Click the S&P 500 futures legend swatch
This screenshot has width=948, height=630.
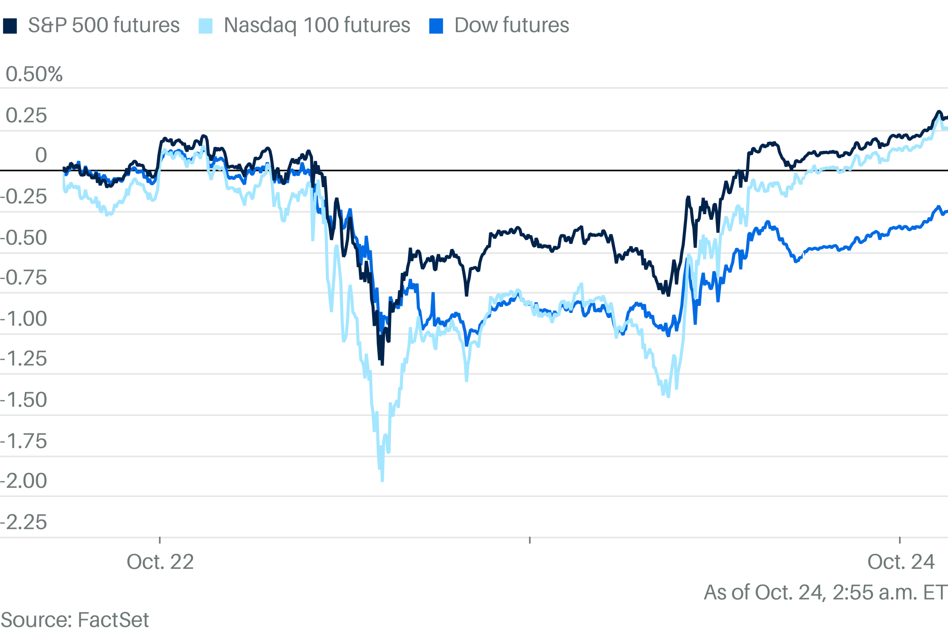(10, 26)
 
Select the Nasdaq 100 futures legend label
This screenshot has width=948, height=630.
(317, 25)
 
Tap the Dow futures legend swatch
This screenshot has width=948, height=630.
(436, 26)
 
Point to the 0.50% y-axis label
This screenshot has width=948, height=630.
(34, 74)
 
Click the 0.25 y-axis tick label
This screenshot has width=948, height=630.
(26, 116)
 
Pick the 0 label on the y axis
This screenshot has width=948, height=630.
(41, 156)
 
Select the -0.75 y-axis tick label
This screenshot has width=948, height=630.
(24, 278)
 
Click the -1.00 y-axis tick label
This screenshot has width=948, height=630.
(24, 319)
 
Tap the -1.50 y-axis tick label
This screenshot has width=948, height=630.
(24, 400)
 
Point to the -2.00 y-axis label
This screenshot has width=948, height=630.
(24, 481)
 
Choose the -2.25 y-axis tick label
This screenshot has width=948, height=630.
(24, 522)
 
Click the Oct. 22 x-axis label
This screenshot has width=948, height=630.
(160, 562)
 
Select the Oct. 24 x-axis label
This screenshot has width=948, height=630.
(901, 562)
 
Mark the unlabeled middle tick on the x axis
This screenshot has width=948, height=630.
(530, 540)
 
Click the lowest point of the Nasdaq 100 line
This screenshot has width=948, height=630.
(382, 480)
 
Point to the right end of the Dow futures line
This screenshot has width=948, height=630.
(947, 212)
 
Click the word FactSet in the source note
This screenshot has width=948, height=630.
(113, 620)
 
